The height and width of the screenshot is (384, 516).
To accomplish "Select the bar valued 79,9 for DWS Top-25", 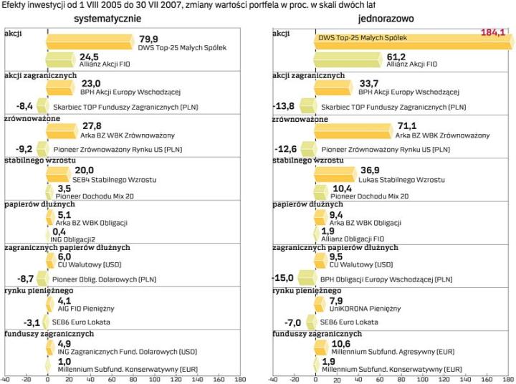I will pos(90,42).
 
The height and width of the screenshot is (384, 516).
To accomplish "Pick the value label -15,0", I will pos(284,277).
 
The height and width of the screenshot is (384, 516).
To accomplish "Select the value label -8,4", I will pos(24,106).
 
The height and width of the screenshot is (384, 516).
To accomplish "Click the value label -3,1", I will pos(32,322).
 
